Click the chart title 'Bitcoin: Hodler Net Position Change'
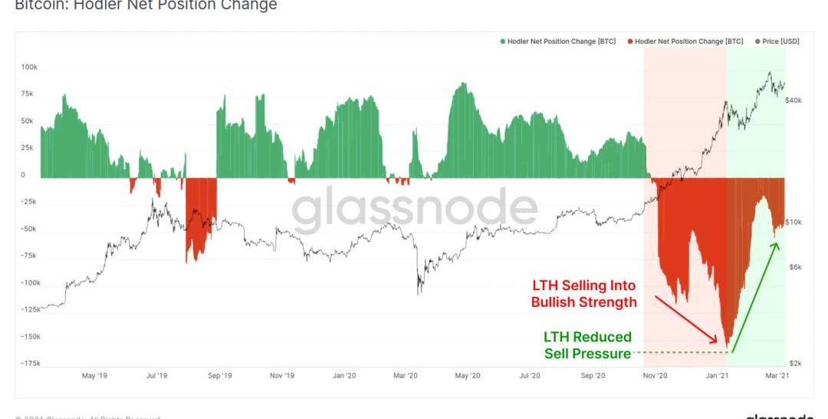[x=146, y=5]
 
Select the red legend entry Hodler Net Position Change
[x=685, y=41]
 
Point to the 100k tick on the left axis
[x=29, y=68]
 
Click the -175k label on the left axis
[x=29, y=363]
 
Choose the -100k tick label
[x=29, y=282]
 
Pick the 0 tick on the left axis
[x=23, y=175]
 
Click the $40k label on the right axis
[x=793, y=101]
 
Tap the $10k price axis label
[x=793, y=223]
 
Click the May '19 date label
[x=94, y=375]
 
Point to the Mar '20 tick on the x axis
[x=405, y=375]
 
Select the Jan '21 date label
[x=718, y=375]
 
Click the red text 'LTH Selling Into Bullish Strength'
[x=583, y=294]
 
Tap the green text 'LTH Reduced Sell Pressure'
[x=587, y=345]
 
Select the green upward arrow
[x=754, y=298]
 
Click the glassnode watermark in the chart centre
[x=415, y=209]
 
